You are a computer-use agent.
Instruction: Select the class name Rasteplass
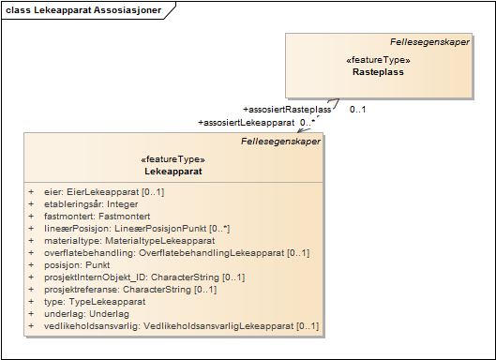pos(378,71)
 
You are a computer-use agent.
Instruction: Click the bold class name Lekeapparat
pos(173,172)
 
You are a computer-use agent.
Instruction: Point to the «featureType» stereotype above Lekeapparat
pos(173,160)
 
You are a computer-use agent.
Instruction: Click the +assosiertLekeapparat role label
pos(247,122)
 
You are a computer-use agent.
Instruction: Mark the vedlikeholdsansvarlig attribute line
pos(168,325)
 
